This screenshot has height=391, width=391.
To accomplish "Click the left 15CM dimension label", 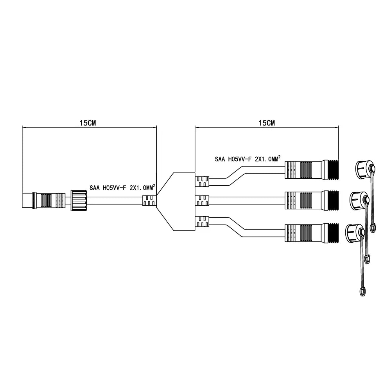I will point(88,122).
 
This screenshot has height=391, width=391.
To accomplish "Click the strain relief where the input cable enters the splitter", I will point(149,201).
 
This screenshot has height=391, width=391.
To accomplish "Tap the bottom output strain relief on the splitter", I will point(202,221).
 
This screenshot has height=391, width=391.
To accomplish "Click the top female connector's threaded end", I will point(332,169).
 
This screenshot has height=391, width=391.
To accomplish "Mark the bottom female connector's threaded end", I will point(332,233).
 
